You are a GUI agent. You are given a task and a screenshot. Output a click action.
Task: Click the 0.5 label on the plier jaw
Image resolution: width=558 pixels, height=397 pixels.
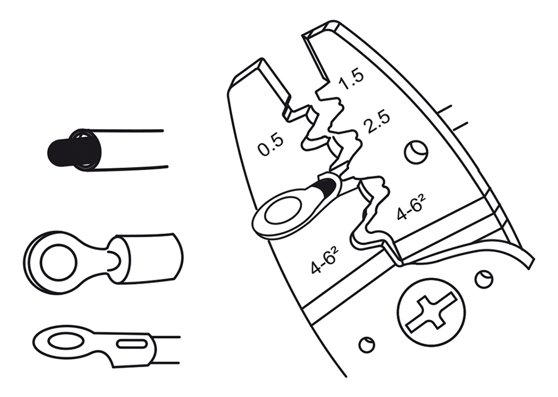[x=271, y=145]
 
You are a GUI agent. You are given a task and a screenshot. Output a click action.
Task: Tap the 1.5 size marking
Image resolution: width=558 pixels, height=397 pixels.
[x=351, y=79]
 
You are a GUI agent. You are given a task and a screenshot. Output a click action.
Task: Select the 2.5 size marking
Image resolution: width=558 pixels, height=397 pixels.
[x=376, y=122]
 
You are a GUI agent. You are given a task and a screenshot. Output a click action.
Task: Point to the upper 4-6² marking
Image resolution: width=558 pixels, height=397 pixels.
[x=411, y=207]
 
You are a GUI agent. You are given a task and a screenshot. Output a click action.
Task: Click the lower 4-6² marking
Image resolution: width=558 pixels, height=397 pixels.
[x=324, y=261]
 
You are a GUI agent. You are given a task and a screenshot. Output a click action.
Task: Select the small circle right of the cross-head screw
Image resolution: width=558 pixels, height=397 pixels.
[x=484, y=279]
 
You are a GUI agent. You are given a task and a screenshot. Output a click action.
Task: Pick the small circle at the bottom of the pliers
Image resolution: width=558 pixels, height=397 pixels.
[x=366, y=344]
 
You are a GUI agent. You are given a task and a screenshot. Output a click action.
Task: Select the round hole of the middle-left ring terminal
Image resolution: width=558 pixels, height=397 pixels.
[x=59, y=262]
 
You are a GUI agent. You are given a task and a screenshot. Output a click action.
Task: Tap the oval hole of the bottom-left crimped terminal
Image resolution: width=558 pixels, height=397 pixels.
[x=66, y=341]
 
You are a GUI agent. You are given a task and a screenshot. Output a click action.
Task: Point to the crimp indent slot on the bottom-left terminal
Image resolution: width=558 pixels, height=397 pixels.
[x=132, y=344]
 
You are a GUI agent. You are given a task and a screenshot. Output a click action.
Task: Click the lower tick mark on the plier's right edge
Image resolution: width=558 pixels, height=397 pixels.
[x=460, y=127]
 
